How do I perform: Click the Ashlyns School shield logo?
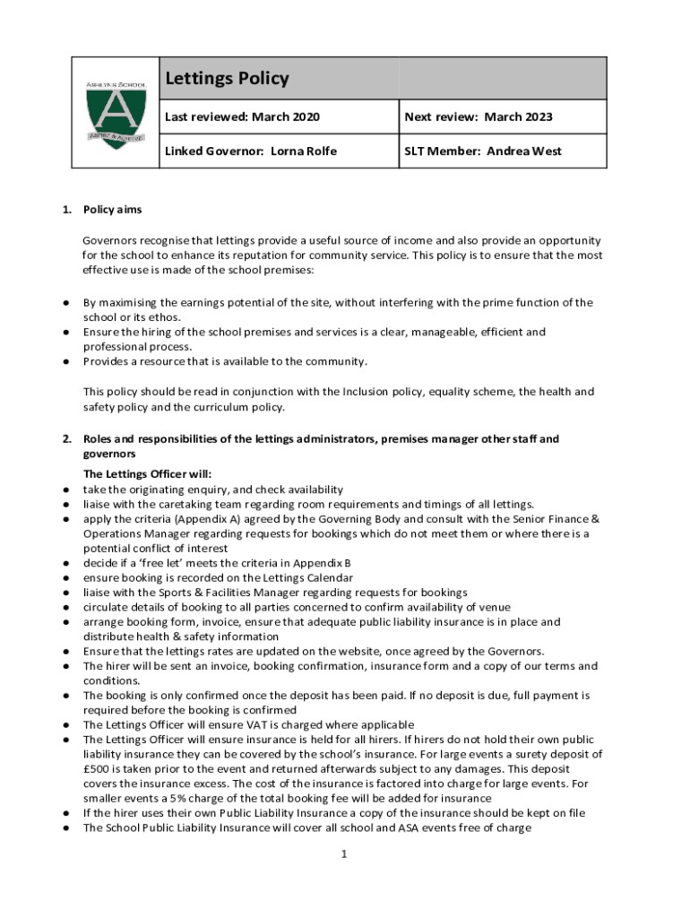point(116,113)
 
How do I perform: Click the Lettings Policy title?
point(227,79)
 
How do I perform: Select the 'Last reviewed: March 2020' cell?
point(242,117)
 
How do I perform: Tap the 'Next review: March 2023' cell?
point(478,117)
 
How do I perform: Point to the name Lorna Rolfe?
point(304,152)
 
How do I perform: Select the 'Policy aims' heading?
point(112,210)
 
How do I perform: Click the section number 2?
point(65,439)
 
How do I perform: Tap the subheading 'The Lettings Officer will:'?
point(147,474)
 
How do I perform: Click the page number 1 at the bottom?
point(343,853)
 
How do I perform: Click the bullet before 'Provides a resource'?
point(66,361)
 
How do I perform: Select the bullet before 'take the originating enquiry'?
point(66,489)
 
